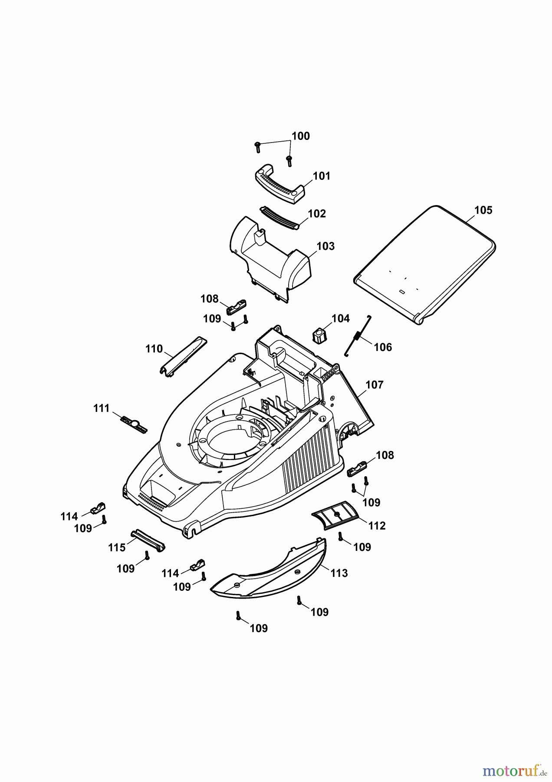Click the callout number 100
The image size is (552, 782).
tap(300, 136)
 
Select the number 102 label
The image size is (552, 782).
tap(316, 214)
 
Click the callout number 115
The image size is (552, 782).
tap(117, 547)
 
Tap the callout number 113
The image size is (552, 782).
tap(339, 573)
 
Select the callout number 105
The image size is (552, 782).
tap(483, 210)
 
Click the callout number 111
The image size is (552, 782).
tap(102, 408)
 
